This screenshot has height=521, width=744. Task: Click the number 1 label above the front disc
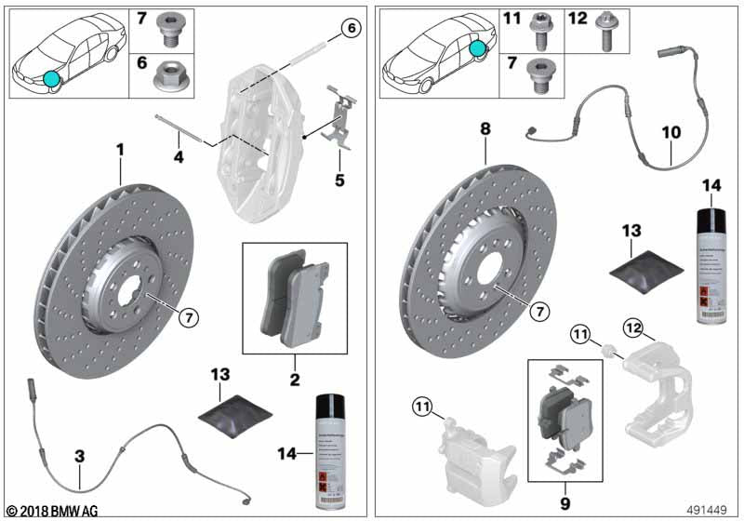(119, 149)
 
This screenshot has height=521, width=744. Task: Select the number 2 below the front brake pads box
(294, 380)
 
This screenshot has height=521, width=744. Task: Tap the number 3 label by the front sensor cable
(80, 456)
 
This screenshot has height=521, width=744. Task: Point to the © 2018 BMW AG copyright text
(51, 510)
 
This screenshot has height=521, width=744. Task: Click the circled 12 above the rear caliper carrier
(633, 327)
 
